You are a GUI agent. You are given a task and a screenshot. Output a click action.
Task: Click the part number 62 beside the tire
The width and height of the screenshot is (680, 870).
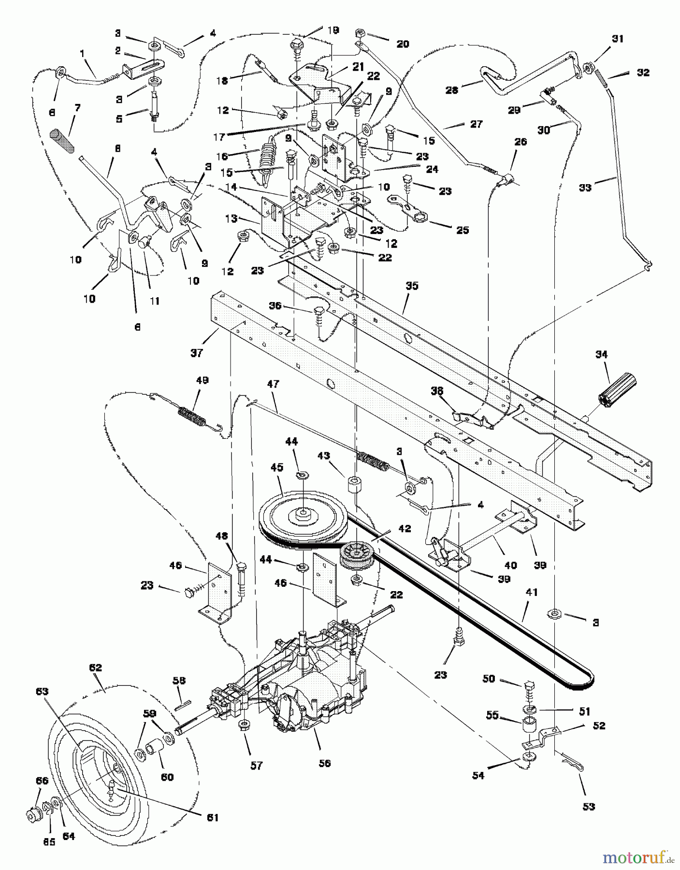click(96, 668)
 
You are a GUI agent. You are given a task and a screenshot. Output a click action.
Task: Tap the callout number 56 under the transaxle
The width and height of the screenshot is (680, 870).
click(325, 763)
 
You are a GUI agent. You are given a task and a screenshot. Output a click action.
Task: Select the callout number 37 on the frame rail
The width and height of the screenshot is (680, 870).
click(197, 353)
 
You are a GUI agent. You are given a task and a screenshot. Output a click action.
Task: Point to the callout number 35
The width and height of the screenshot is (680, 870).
click(412, 286)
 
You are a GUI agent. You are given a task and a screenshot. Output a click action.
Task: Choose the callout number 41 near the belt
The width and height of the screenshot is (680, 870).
click(532, 593)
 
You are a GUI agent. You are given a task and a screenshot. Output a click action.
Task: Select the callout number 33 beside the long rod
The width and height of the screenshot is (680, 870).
click(585, 188)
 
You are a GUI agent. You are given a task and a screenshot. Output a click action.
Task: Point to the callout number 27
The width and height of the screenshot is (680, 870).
click(477, 124)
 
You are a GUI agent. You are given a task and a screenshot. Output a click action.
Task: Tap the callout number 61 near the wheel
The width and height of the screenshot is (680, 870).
click(213, 817)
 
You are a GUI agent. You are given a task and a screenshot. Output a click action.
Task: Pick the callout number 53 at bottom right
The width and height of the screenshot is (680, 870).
click(589, 807)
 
